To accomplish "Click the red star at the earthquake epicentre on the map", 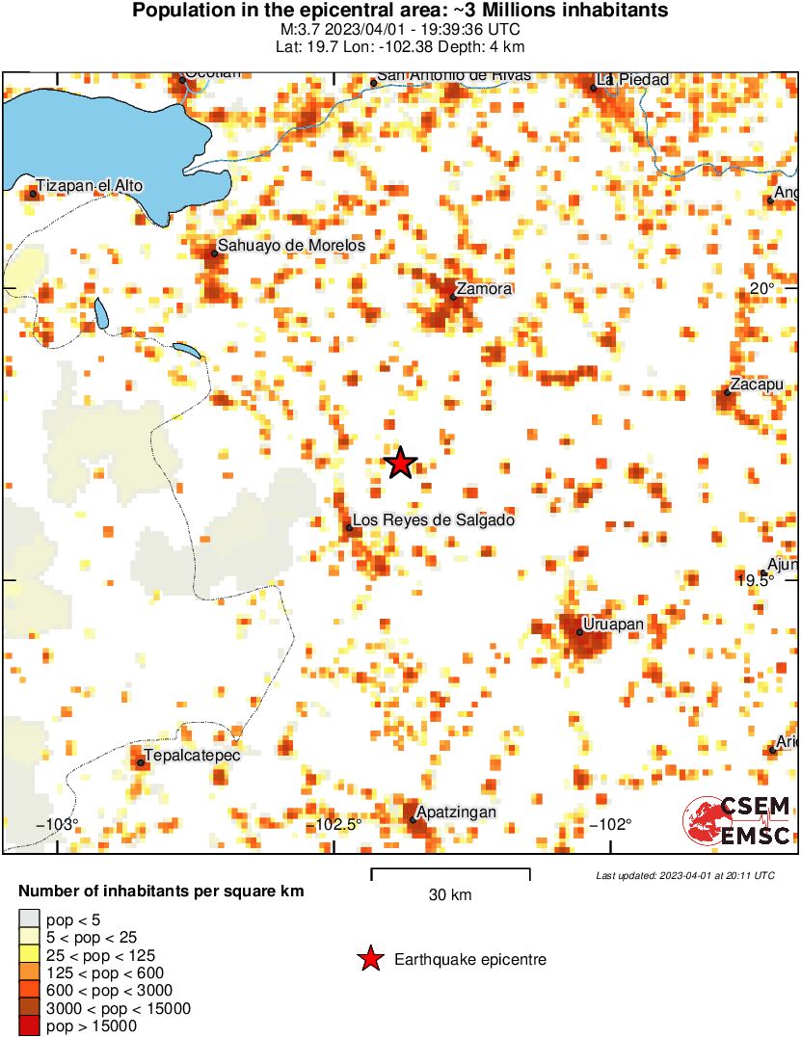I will click(401, 464).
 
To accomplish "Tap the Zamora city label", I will click(485, 288).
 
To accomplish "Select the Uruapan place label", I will click(613, 625).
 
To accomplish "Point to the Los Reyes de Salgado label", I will click(434, 520).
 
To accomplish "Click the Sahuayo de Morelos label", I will click(291, 246).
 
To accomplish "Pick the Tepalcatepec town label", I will click(192, 755).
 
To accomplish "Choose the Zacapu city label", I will click(757, 385).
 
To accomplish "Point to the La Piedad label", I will click(633, 79).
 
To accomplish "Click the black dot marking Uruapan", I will click(580, 632).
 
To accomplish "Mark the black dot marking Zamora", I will click(453, 297).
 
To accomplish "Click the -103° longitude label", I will click(57, 824).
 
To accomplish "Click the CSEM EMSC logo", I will click(737, 821).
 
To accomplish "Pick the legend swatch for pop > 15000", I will click(29, 1026).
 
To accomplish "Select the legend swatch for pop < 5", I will click(29, 918).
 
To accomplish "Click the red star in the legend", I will click(368, 959).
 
